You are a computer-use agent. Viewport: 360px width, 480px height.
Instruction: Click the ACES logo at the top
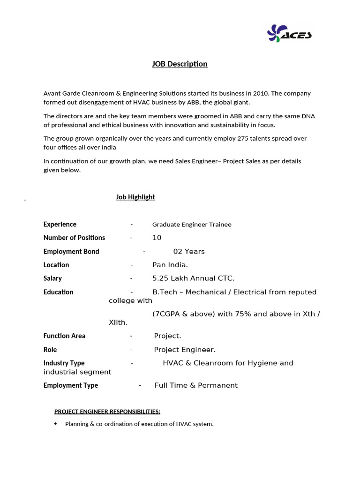289,34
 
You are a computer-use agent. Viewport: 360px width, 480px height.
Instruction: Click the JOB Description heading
180,64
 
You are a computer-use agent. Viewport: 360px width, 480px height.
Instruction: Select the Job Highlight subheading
135,197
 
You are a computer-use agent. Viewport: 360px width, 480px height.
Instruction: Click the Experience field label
60,224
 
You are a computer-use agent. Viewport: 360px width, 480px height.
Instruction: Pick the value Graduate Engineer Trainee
192,225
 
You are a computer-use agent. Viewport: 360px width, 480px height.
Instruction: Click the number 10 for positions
157,238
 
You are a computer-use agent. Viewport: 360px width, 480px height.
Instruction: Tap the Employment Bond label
71,251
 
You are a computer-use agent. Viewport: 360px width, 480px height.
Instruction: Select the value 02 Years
189,251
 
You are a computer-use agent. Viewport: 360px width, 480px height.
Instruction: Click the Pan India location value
170,265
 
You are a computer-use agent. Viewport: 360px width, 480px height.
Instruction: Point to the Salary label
52,278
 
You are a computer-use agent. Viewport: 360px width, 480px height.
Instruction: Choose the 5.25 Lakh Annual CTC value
193,278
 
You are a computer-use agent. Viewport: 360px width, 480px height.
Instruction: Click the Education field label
59,292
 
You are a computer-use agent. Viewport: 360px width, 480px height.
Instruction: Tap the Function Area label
64,336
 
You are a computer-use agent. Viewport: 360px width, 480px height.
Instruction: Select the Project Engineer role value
185,350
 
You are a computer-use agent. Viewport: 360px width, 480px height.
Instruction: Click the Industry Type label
64,363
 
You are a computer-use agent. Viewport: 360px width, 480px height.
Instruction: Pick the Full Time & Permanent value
196,385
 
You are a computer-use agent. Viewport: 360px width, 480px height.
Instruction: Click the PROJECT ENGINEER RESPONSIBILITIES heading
107,412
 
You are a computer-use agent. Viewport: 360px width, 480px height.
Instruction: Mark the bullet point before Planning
56,424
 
